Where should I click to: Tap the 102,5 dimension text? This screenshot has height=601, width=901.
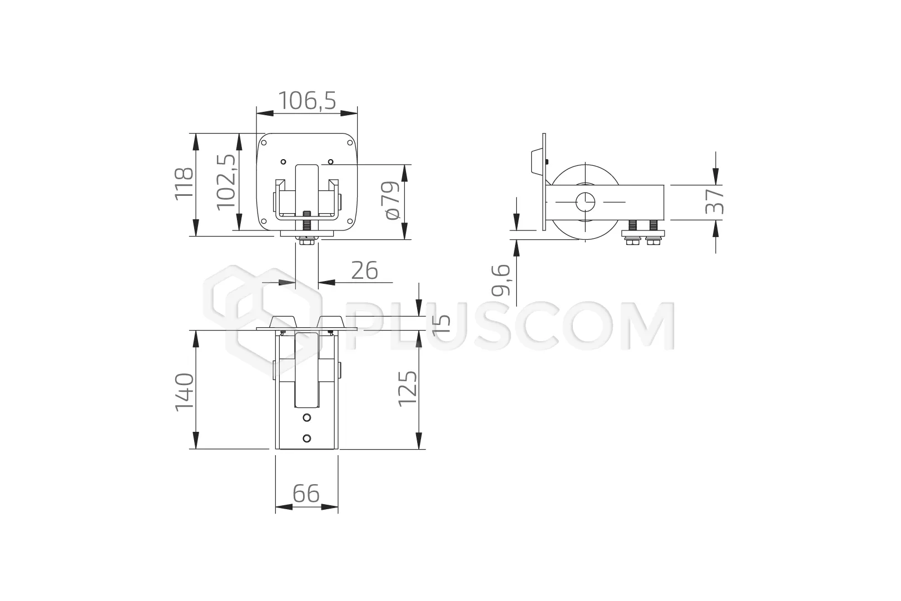click(226, 182)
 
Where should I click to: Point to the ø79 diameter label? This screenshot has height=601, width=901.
click(392, 200)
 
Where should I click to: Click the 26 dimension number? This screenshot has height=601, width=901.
click(364, 270)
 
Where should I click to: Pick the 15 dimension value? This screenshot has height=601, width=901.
click(441, 323)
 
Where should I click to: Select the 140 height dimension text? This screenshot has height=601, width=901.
click(184, 392)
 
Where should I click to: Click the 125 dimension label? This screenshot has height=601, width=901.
click(408, 389)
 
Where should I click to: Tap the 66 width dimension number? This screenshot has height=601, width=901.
click(306, 494)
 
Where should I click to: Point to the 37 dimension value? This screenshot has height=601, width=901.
click(715, 201)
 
